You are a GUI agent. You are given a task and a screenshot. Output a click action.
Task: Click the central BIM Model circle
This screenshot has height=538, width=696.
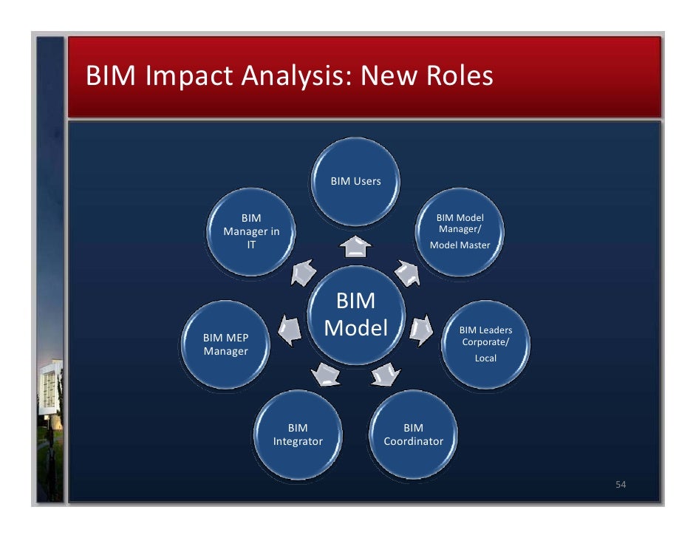356,317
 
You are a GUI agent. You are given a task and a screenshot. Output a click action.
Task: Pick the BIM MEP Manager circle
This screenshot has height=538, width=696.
226,344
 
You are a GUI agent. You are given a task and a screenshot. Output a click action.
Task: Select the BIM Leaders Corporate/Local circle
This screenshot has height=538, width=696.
485,344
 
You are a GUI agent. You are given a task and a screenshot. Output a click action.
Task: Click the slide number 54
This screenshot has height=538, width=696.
621,485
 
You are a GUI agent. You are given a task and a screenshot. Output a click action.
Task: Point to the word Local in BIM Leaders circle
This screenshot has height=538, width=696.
485,358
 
